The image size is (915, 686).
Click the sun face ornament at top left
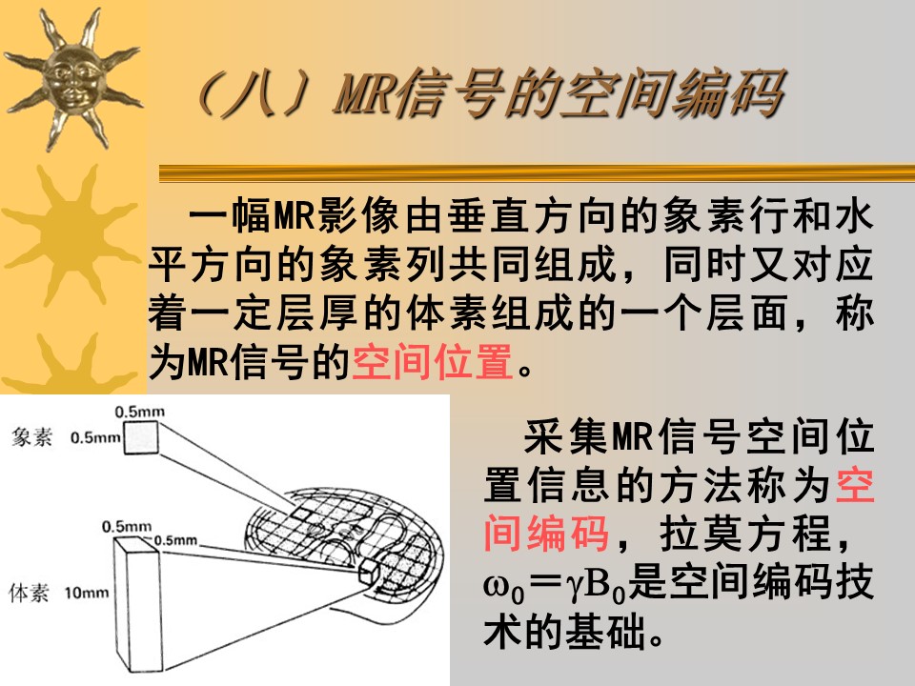72,79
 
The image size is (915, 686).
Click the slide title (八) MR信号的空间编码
490,92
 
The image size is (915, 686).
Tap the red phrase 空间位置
433,362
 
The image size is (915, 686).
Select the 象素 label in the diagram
31,437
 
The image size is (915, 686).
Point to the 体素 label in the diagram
29,593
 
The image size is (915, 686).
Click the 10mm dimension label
87,594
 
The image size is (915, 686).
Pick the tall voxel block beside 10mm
137,604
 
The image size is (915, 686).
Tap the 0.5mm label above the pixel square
139,412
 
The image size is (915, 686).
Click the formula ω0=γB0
555,584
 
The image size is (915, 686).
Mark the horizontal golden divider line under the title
537,173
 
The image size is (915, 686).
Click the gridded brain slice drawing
344,544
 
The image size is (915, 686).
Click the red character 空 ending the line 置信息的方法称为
855,485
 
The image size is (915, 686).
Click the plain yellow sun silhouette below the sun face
70,233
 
